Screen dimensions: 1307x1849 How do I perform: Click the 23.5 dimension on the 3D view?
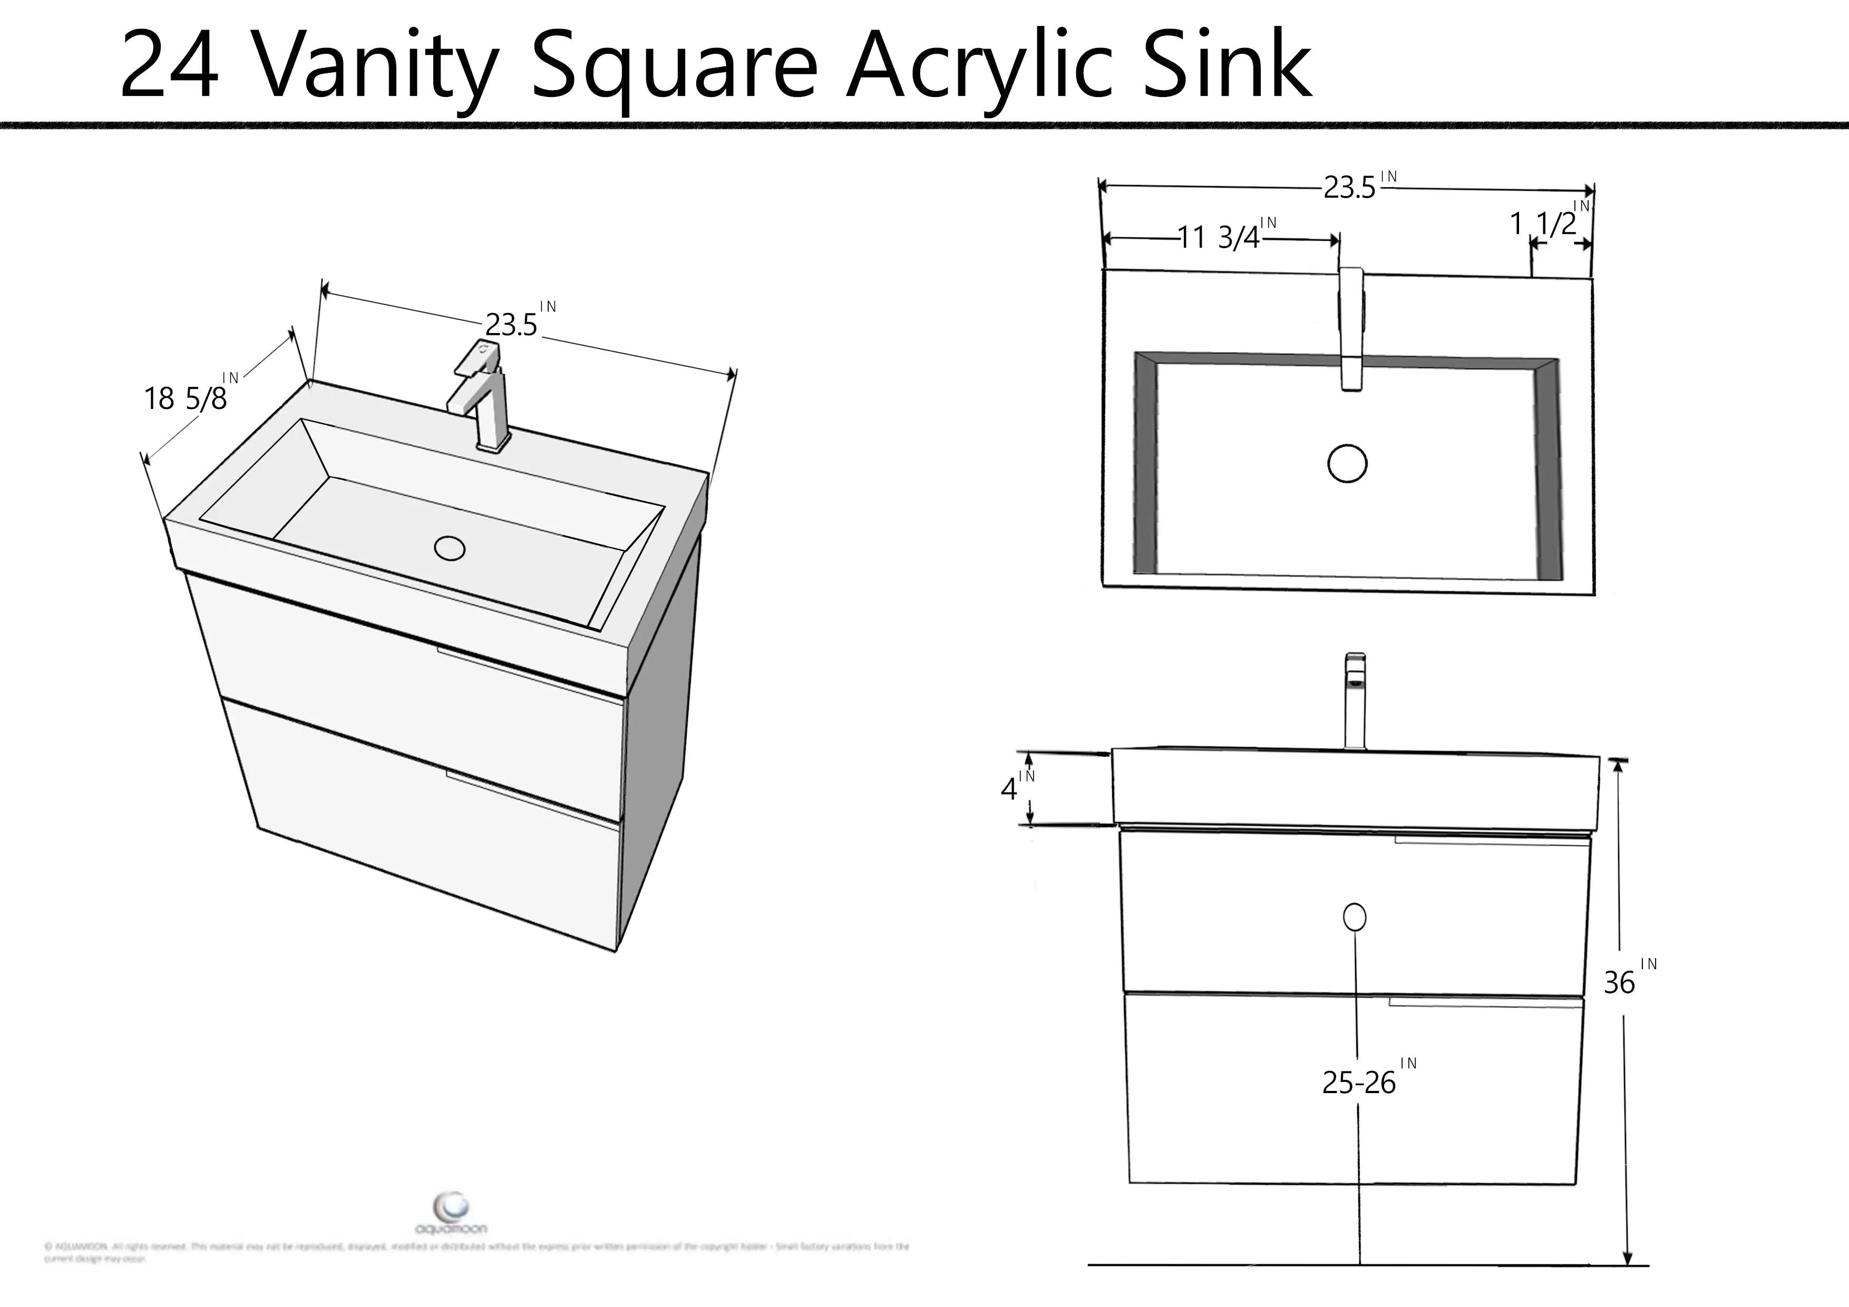(x=511, y=325)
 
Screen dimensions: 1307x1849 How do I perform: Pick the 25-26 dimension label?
(x=1359, y=1083)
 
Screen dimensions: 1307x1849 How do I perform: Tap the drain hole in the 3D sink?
(x=450, y=549)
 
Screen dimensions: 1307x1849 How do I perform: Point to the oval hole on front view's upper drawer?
(x=1355, y=917)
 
